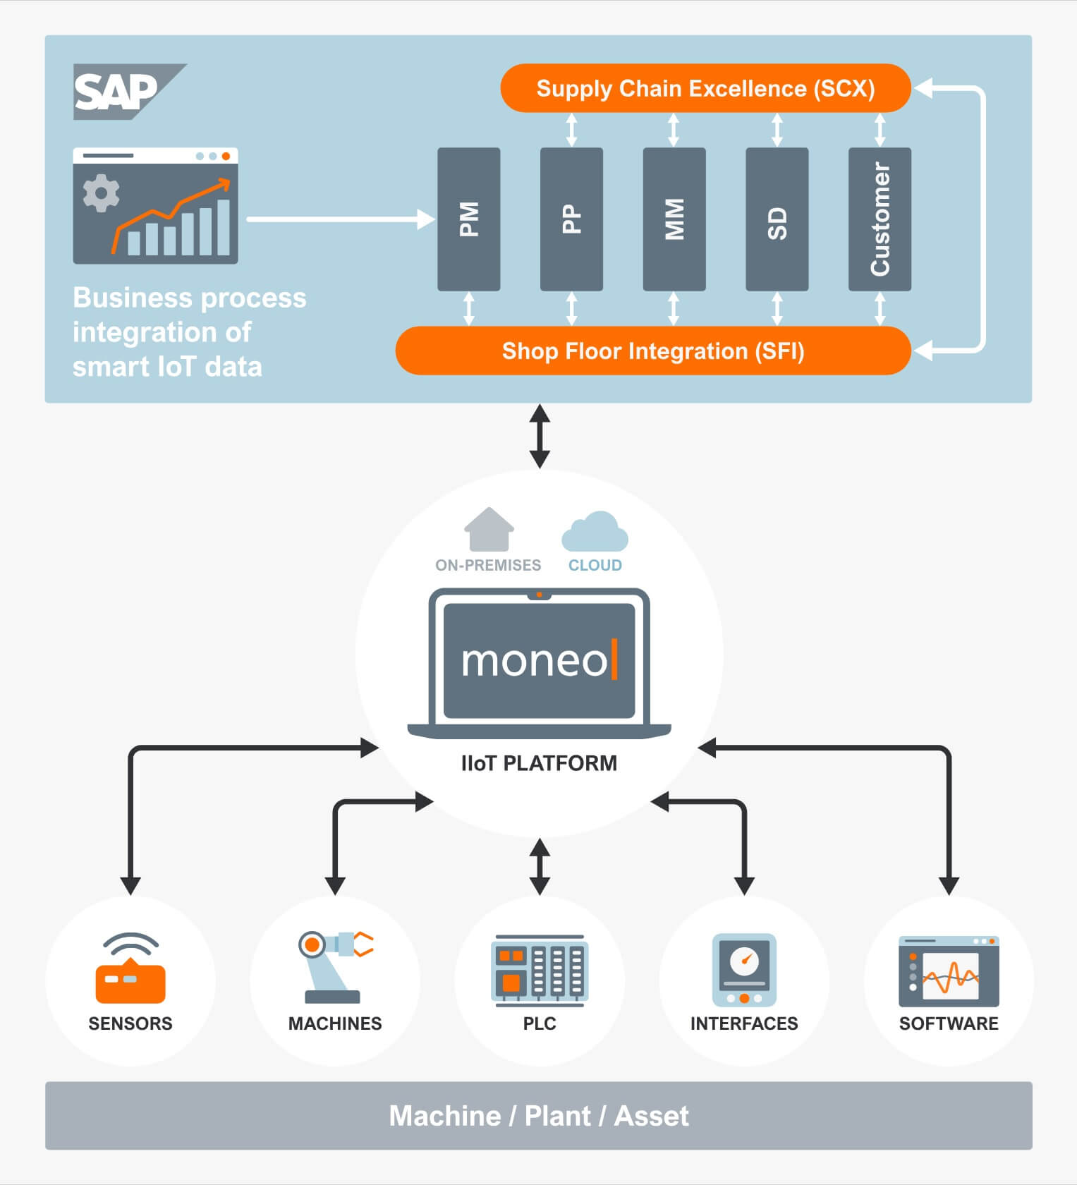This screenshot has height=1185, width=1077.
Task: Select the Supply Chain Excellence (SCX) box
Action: [x=705, y=89]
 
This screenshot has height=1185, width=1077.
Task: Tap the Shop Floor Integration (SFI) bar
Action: [x=653, y=351]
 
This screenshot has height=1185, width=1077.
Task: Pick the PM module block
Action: [x=469, y=219]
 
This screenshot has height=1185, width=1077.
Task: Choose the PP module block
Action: [x=571, y=219]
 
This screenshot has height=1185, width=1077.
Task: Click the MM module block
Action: [x=674, y=219]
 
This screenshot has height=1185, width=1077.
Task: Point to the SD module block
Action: [x=777, y=219]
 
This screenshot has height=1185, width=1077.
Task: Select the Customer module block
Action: [x=880, y=219]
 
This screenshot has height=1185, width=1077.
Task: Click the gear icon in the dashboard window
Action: [x=102, y=193]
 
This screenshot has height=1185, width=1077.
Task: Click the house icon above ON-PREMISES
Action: [x=489, y=529]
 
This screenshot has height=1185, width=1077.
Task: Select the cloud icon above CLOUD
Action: [x=595, y=532]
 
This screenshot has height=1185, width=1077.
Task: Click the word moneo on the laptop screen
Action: [x=534, y=661]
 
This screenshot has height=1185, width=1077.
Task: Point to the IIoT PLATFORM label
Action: [x=539, y=763]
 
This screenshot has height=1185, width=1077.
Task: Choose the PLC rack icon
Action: [x=540, y=970]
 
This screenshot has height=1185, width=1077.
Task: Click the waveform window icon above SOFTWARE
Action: [x=949, y=971]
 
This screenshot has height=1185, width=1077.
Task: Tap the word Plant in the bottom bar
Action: [x=557, y=1116]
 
